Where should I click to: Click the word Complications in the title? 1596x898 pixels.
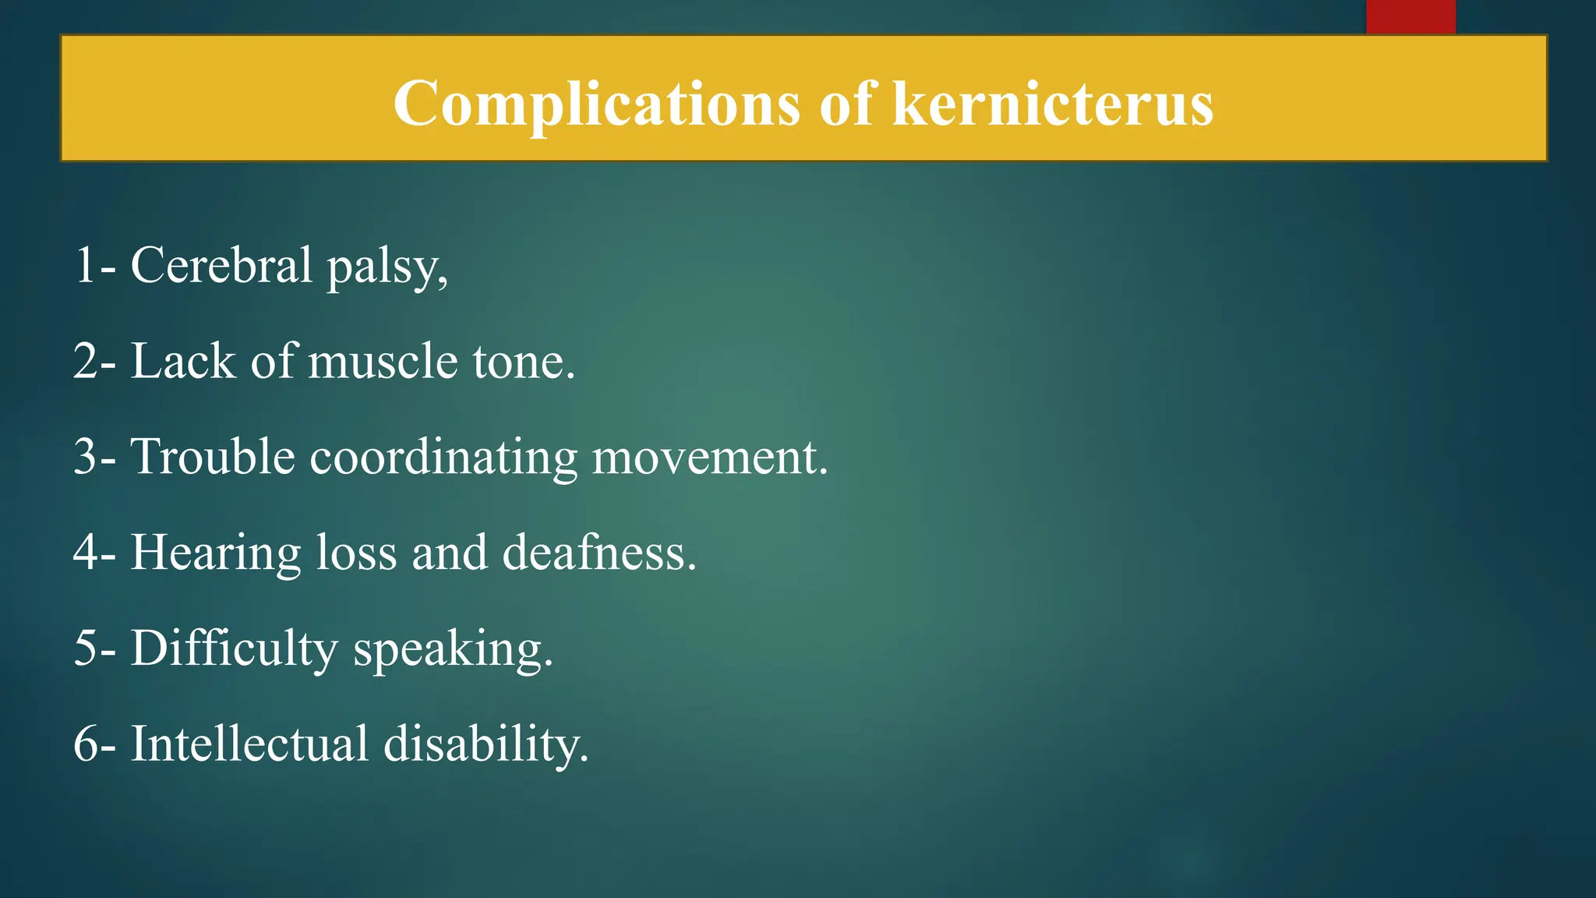coord(596,104)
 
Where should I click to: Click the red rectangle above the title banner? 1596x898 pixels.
coord(1411,16)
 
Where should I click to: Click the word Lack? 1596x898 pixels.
coord(182,362)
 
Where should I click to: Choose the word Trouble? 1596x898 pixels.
coord(213,457)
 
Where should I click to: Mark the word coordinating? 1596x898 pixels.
coord(443,458)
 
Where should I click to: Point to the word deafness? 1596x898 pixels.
coord(598,553)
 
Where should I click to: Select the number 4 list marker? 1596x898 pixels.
coord(85,553)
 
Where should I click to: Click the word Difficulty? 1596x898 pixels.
coord(234,649)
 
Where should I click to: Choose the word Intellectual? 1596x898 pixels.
coord(249,744)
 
